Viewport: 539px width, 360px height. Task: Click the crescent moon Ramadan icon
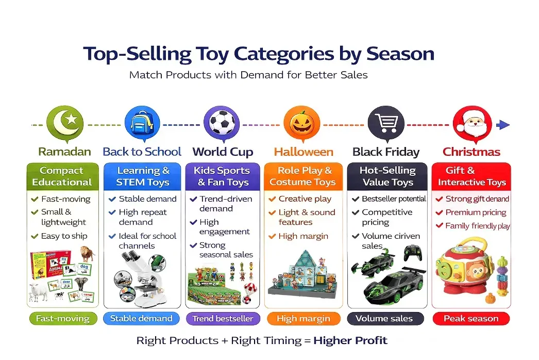click(65, 122)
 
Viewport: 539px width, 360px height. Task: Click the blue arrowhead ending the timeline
click(503, 125)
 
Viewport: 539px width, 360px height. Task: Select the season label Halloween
click(304, 152)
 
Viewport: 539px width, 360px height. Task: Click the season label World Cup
click(223, 152)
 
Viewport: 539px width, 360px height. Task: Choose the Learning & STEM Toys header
click(142, 176)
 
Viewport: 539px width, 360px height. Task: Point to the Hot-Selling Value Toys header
click(387, 176)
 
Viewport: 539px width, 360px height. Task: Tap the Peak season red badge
click(471, 318)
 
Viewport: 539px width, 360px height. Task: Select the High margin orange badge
click(303, 318)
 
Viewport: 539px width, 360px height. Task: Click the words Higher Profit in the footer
click(350, 340)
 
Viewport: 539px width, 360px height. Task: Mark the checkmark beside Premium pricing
click(439, 212)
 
